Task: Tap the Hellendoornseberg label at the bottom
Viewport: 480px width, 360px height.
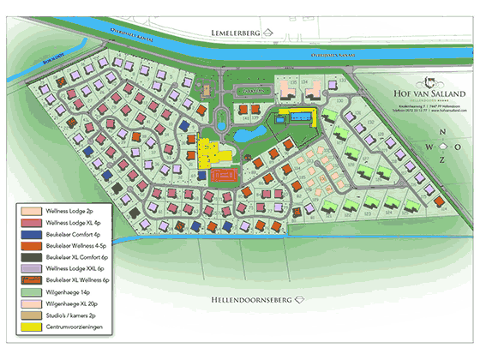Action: point(250,301)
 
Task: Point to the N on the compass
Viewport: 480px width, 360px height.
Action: point(442,131)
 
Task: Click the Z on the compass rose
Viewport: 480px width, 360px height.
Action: point(442,160)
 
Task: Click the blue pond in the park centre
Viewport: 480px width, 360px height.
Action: point(250,134)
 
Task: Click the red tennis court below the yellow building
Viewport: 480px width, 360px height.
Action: point(225,175)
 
